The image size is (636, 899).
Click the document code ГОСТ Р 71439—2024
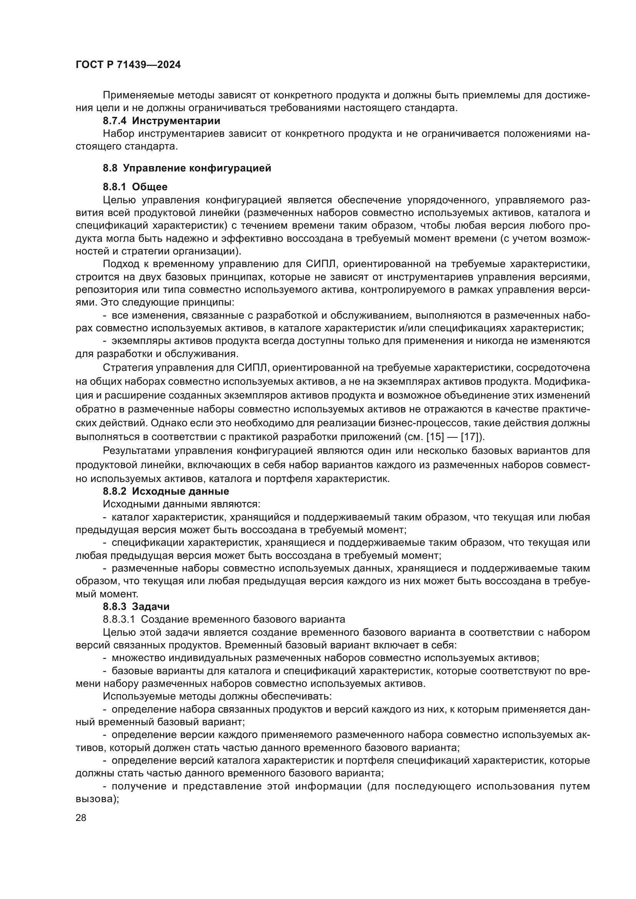(128, 65)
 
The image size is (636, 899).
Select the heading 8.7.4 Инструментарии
(161, 121)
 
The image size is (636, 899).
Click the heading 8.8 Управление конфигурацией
(187, 168)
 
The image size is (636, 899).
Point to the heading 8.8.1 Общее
(135, 187)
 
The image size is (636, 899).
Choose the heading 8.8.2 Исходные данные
(166, 491)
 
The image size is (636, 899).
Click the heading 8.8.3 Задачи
(136, 607)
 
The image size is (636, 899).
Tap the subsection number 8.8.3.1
(119, 620)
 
